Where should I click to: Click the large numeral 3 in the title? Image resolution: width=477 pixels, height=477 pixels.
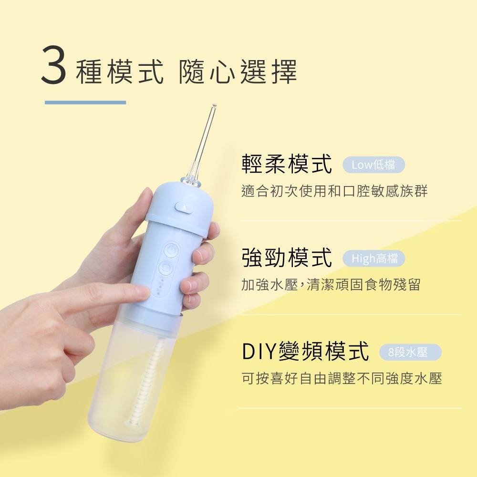click(54, 65)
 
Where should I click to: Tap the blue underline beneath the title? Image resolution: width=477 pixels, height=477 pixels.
click(85, 103)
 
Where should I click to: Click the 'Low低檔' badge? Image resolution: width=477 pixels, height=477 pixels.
click(373, 165)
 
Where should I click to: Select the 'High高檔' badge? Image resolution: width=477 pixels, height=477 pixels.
click(374, 259)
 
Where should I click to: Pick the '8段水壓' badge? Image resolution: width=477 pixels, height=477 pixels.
click(410, 353)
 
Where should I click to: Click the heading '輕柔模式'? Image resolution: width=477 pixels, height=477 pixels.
click(287, 164)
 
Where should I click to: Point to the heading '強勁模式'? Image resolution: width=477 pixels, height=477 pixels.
click(287, 258)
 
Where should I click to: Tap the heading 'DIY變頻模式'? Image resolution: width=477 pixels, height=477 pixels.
click(305, 352)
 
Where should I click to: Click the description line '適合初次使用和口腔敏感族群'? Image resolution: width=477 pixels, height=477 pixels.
click(335, 191)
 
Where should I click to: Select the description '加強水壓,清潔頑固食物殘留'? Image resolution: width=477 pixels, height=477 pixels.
click(331, 285)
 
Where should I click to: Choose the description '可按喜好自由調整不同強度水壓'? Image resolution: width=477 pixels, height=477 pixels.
click(342, 378)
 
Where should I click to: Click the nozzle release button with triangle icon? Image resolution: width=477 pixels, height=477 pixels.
click(184, 208)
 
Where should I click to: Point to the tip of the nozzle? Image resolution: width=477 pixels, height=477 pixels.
click(214, 106)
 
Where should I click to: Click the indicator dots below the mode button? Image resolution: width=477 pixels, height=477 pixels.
click(160, 287)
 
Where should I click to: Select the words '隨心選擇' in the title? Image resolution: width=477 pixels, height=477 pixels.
click(238, 73)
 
